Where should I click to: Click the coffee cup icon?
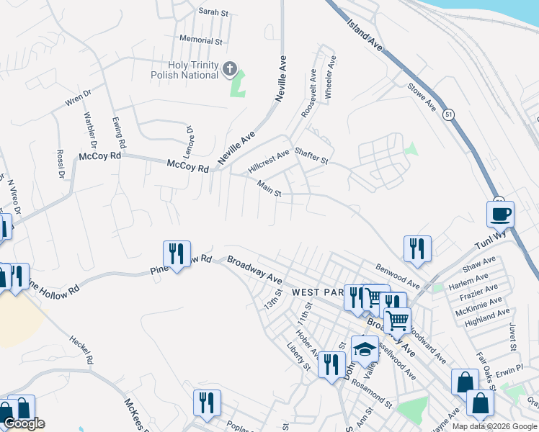coord(501,214)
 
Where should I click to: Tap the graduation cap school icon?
coord(365,349)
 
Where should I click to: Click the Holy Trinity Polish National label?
coord(184,70)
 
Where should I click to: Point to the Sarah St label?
coord(213,12)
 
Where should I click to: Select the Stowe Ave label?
coord(422,96)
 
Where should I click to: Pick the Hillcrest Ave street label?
coord(268,160)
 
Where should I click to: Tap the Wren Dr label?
coord(79,98)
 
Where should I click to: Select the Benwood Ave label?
coord(397,276)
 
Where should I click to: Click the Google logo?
coord(24,424)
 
